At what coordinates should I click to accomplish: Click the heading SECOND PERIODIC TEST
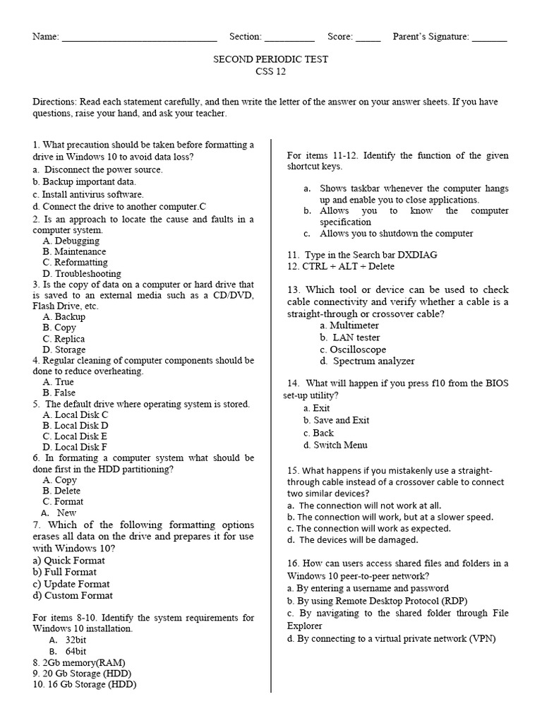(x=271, y=59)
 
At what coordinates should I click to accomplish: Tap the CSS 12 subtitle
(x=271, y=71)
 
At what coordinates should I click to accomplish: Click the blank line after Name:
(x=140, y=38)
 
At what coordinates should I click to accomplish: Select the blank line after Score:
(x=368, y=38)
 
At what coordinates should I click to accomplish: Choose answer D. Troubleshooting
(x=82, y=273)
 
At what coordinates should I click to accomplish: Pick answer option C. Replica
(x=64, y=339)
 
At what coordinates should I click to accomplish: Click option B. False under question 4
(x=59, y=393)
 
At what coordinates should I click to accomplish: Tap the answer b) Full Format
(x=65, y=572)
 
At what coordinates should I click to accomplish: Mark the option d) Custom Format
(x=73, y=595)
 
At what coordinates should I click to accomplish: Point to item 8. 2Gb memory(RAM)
(x=79, y=662)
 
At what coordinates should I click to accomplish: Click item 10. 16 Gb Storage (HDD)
(x=85, y=684)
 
